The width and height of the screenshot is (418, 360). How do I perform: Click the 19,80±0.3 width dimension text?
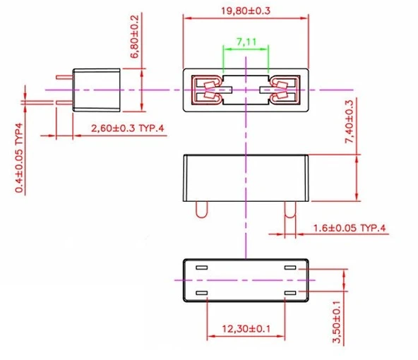click(246, 11)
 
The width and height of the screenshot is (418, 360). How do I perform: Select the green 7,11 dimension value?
click(246, 42)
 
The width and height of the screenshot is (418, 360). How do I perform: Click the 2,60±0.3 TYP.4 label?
click(128, 128)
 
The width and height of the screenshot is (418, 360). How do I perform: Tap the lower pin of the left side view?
click(65, 104)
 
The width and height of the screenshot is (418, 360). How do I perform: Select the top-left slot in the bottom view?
click(201, 268)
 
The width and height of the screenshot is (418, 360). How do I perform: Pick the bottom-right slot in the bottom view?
click(290, 292)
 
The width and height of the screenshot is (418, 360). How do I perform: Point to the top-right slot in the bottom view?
click(290, 268)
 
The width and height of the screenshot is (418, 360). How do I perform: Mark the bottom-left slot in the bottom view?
click(201, 292)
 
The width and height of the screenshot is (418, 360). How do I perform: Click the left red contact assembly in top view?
click(210, 89)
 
